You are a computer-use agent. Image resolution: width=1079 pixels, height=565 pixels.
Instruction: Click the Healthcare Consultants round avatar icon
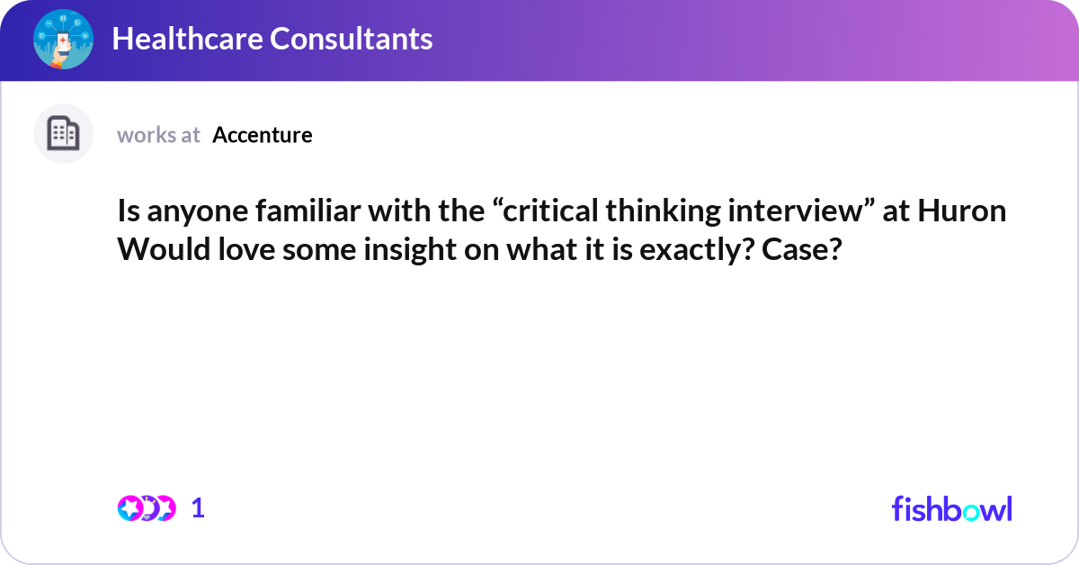[x=63, y=39]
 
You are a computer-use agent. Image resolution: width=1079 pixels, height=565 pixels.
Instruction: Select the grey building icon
[x=63, y=134]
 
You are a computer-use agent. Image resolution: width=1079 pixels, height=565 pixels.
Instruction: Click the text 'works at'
[x=158, y=135]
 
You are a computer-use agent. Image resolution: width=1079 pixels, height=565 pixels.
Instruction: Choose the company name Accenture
[x=263, y=135]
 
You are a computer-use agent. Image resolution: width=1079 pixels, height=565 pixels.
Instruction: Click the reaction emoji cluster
[x=146, y=508]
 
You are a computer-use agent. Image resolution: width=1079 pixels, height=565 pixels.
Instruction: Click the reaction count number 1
[x=199, y=508]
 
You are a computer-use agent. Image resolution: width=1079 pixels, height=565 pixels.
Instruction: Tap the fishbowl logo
[x=951, y=508]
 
